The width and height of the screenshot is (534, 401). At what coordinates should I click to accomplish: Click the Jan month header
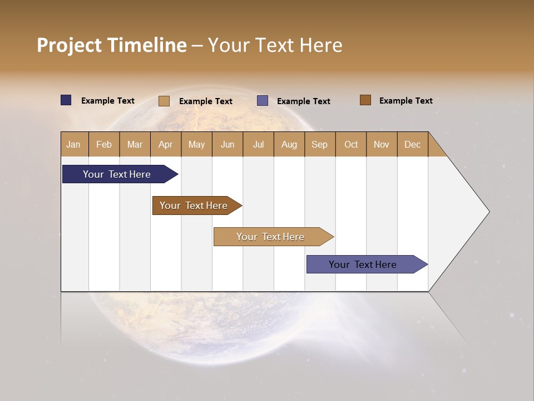tap(74, 144)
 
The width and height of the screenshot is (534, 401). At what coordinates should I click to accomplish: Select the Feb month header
tap(104, 144)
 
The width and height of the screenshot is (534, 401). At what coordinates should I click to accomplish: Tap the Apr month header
tap(166, 144)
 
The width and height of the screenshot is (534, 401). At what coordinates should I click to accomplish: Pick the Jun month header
tap(228, 144)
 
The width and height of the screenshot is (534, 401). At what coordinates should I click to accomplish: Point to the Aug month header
tap(289, 144)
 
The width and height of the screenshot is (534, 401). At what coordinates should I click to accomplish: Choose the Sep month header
tap(320, 144)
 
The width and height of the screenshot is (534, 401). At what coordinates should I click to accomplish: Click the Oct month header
tap(351, 144)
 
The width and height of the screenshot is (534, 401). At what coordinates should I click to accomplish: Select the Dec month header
tap(413, 144)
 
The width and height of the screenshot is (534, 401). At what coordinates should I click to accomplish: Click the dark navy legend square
tap(66, 100)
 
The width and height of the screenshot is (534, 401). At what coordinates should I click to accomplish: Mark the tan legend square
tap(164, 101)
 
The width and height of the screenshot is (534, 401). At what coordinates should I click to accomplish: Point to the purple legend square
tap(263, 101)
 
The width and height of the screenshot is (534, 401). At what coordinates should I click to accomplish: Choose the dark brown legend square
tap(365, 100)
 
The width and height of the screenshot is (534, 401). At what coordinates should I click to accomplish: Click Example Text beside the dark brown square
tap(406, 100)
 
